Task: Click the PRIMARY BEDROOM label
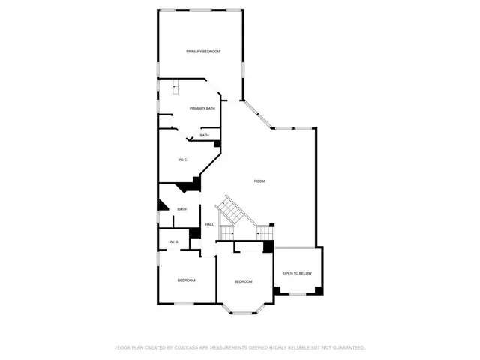(x=203, y=51)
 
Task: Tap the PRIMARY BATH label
(x=202, y=109)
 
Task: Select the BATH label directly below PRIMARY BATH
(x=204, y=136)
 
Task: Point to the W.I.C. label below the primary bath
(x=182, y=160)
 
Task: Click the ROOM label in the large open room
(x=259, y=181)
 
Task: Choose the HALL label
(x=210, y=225)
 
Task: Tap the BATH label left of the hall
(x=181, y=209)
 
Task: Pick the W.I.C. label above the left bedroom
(x=173, y=241)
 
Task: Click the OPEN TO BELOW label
(x=297, y=273)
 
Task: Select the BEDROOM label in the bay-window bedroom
(x=243, y=281)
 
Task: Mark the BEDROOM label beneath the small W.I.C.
(x=186, y=280)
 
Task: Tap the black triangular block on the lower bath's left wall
(x=161, y=203)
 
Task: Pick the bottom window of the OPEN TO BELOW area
(x=297, y=293)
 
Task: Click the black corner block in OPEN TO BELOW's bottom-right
(x=318, y=289)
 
